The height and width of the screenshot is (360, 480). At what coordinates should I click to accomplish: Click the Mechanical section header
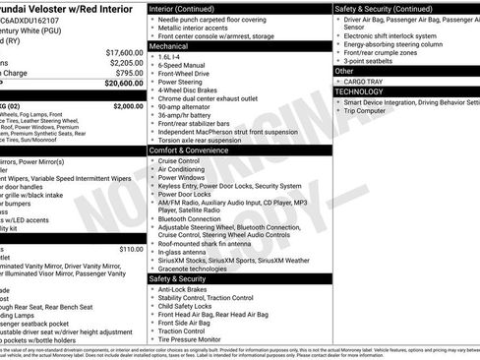coord(169,45)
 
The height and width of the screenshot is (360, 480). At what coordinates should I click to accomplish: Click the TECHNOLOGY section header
coord(366,90)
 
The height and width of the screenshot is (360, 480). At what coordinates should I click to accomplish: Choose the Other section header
coord(344,71)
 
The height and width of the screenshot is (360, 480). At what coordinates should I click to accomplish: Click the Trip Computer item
coord(370,110)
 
